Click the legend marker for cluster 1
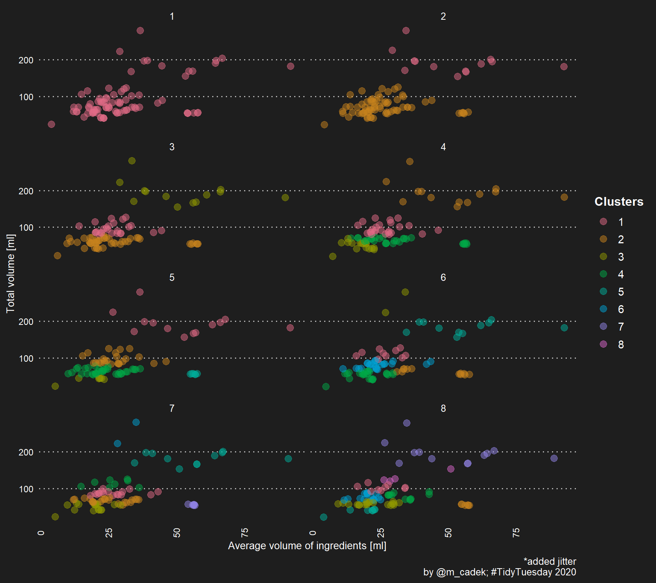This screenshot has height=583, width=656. point(603,222)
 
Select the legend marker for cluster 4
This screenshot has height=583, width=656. point(603,274)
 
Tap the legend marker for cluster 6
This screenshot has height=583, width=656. point(603,309)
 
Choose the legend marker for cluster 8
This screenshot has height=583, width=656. point(603,344)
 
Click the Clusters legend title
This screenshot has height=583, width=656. point(618,202)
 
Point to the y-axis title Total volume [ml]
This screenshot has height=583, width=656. point(11,273)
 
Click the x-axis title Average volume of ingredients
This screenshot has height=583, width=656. point(307,546)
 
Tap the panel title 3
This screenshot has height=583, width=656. point(172,147)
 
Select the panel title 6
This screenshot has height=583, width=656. point(443,277)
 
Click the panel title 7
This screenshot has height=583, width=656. point(172,408)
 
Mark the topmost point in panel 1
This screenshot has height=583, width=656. point(140,30)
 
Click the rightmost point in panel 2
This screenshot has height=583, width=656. point(564,66)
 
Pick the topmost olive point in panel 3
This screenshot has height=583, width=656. point(132,161)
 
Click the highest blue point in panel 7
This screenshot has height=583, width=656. point(136,422)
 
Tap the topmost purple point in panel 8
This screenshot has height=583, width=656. point(407,423)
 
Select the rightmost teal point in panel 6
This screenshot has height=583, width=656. point(564,328)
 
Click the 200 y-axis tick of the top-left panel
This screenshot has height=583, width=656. point(26,60)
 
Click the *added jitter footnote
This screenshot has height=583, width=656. point(550,561)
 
